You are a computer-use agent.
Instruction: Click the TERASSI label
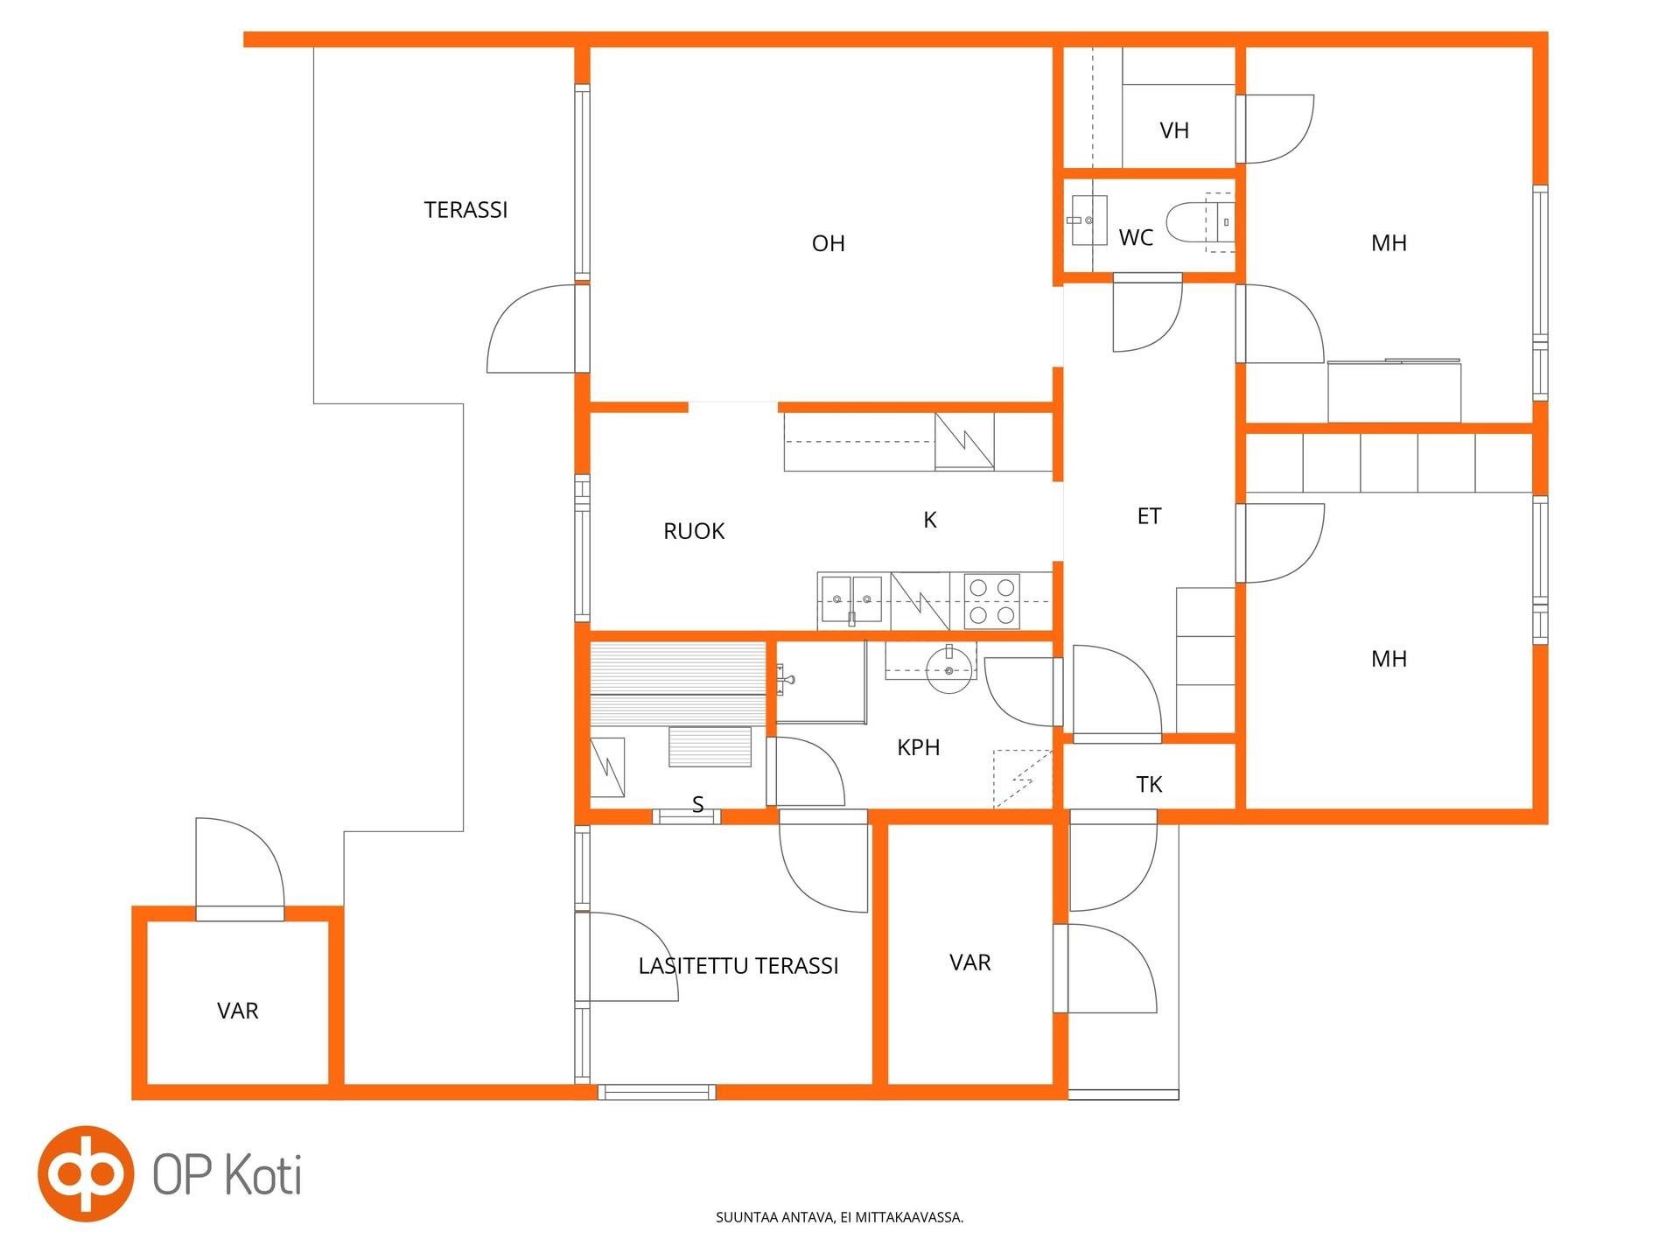pyautogui.click(x=465, y=210)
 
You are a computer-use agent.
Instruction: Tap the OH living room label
pyautogui.click(x=829, y=243)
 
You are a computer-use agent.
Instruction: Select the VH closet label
pyautogui.click(x=1174, y=130)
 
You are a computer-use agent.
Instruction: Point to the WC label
pyautogui.click(x=1136, y=237)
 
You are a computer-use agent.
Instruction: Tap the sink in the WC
pyautogui.click(x=1088, y=220)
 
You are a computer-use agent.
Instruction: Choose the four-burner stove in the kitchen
pyautogui.click(x=992, y=601)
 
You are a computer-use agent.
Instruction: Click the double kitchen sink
pyautogui.click(x=851, y=599)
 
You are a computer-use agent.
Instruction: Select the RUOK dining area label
pyautogui.click(x=694, y=531)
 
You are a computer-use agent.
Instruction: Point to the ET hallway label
pyautogui.click(x=1149, y=516)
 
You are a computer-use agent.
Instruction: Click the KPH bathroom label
pyautogui.click(x=919, y=747)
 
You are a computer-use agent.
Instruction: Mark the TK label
pyautogui.click(x=1149, y=784)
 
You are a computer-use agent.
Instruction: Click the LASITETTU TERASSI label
pyautogui.click(x=738, y=966)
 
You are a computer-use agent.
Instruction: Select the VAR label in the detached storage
pyautogui.click(x=238, y=1011)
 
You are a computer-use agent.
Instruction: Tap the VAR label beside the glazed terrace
pyautogui.click(x=970, y=962)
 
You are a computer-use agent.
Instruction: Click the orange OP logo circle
pyautogui.click(x=86, y=1173)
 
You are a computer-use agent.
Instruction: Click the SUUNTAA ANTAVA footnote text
pyautogui.click(x=839, y=1217)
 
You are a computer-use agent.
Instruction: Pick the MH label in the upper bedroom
pyautogui.click(x=1389, y=243)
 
